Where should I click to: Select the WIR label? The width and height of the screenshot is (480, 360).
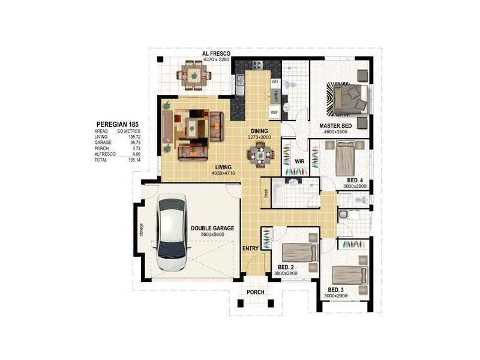click(301, 161)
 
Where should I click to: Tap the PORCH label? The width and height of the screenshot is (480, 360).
click(256, 292)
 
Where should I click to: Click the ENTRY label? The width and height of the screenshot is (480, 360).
click(251, 248)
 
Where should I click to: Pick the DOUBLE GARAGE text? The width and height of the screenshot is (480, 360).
click(212, 228)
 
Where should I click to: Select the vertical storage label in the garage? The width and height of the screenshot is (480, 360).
click(142, 230)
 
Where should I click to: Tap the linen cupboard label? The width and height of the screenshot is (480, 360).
click(265, 193)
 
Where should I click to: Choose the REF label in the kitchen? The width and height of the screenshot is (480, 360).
click(274, 112)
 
